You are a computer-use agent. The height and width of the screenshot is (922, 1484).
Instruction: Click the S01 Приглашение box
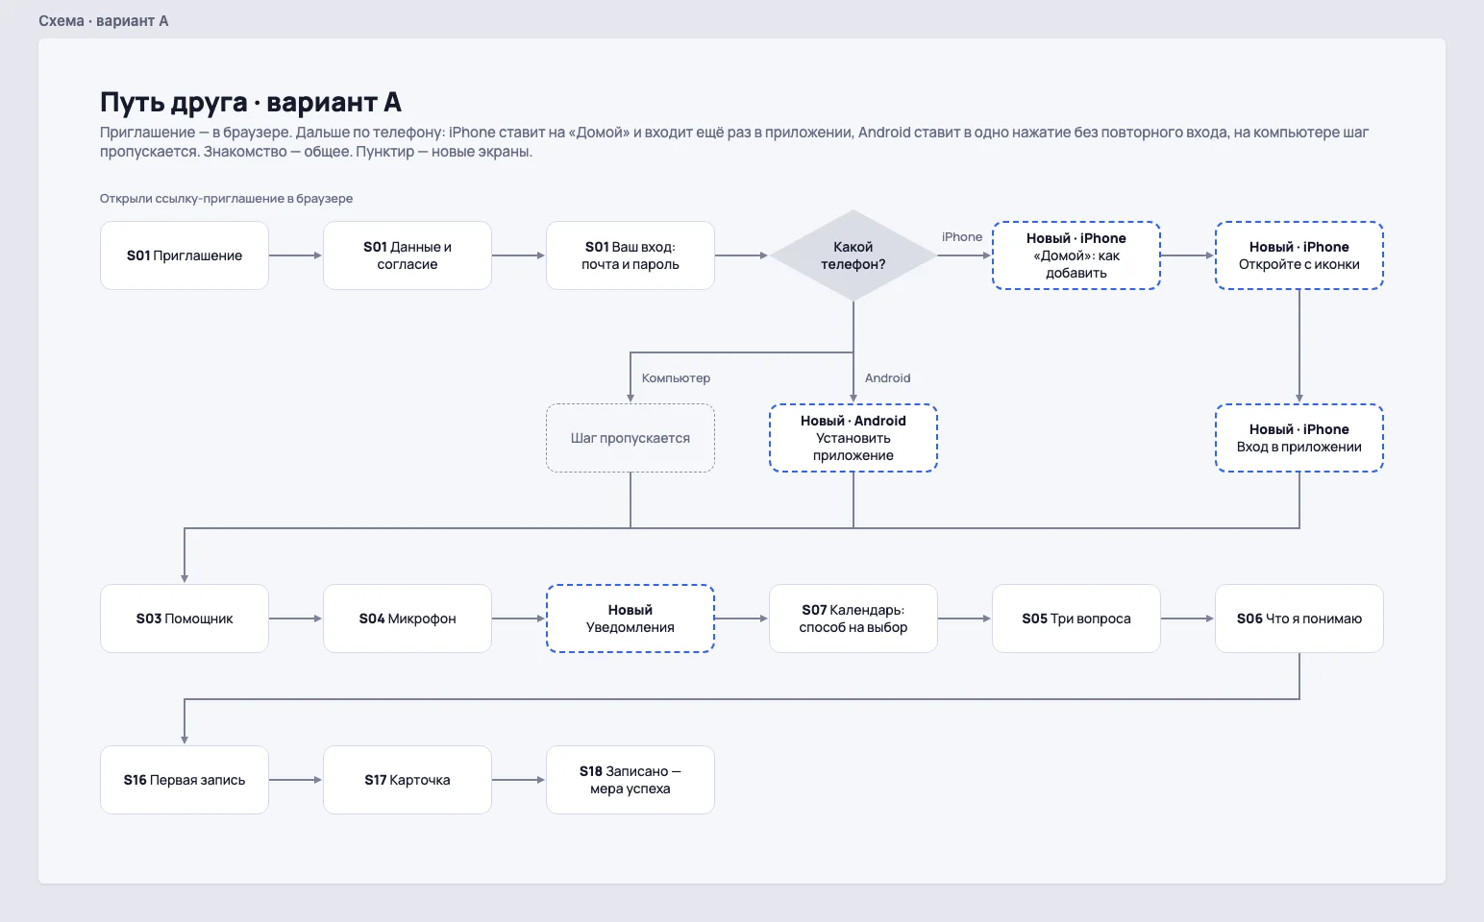pyautogui.click(x=185, y=255)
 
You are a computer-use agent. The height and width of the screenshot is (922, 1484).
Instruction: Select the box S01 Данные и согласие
pyautogui.click(x=408, y=255)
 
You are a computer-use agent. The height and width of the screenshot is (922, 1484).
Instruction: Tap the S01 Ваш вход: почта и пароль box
pyautogui.click(x=631, y=255)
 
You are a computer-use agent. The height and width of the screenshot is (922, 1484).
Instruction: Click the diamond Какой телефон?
pyautogui.click(x=853, y=255)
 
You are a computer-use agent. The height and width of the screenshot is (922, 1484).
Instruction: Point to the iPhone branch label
pyautogui.click(x=962, y=237)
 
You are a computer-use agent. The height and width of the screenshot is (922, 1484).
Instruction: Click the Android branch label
pyautogui.click(x=888, y=378)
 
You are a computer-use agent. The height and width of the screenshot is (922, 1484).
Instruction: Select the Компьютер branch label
pyautogui.click(x=676, y=378)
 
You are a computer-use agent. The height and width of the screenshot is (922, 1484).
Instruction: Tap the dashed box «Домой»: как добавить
pyautogui.click(x=1076, y=255)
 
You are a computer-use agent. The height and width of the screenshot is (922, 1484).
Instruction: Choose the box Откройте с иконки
pyautogui.click(x=1299, y=255)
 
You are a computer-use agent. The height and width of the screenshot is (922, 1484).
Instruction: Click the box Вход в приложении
pyautogui.click(x=1299, y=438)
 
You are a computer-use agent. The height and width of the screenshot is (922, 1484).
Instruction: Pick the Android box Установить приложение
pyautogui.click(x=853, y=438)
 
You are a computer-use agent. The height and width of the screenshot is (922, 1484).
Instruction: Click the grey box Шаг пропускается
pyautogui.click(x=631, y=438)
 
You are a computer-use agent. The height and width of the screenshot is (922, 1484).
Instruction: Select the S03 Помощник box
pyautogui.click(x=185, y=619)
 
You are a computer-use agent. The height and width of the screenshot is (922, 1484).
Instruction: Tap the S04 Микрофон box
pyautogui.click(x=408, y=619)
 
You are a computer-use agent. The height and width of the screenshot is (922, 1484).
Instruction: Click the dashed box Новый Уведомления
pyautogui.click(x=631, y=619)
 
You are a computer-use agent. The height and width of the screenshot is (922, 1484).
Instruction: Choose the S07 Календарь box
pyautogui.click(x=853, y=619)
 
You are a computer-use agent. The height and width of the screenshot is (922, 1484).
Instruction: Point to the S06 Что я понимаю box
pyautogui.click(x=1299, y=619)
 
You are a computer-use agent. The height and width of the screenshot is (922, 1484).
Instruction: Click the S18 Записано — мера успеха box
pyautogui.click(x=631, y=780)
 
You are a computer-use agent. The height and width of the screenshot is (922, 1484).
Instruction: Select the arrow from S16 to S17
pyautogui.click(x=295, y=780)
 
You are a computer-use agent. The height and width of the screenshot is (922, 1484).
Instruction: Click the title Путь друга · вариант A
pyautogui.click(x=251, y=103)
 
